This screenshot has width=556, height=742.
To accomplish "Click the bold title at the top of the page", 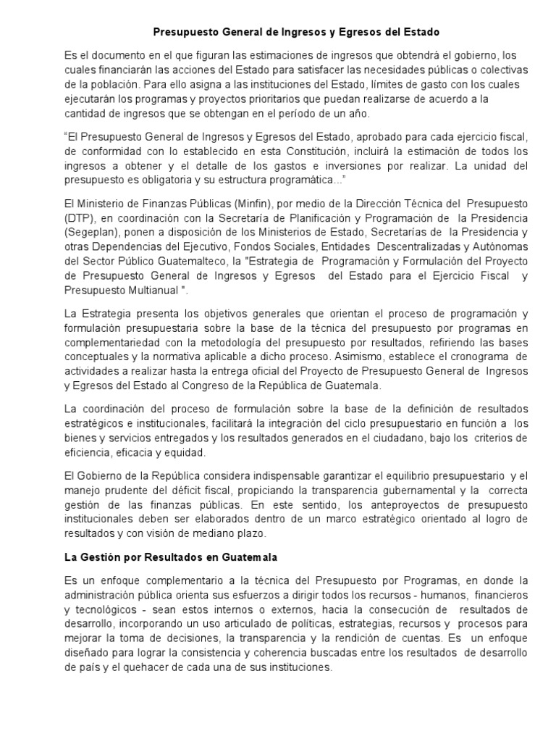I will tap(297, 33).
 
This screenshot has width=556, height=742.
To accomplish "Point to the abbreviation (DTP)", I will tap(77, 218).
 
